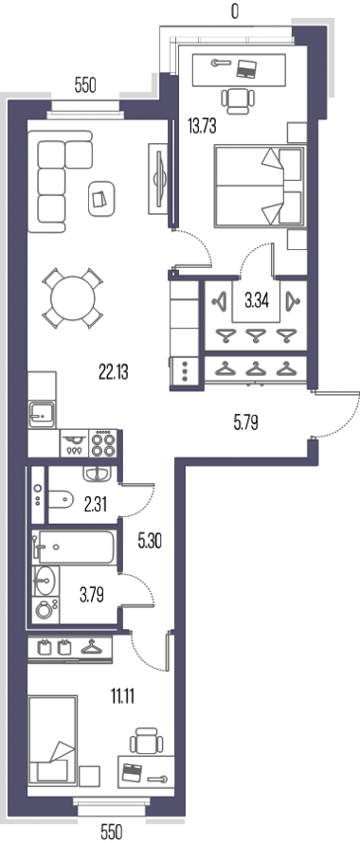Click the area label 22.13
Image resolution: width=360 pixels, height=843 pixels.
click(113, 371)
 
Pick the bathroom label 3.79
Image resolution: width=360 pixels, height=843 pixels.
click(91, 595)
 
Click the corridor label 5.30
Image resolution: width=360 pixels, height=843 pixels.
click(150, 542)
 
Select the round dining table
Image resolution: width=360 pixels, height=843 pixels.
click(73, 297)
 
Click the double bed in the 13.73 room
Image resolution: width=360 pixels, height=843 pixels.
click(260, 186)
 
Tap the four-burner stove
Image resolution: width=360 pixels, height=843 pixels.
click(102, 443)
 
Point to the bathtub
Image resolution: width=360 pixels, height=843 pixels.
click(73, 547)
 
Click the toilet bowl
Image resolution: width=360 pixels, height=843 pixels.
click(61, 500)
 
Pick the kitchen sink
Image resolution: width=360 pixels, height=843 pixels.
click(42, 414)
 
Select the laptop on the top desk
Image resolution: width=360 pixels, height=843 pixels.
click(247, 67)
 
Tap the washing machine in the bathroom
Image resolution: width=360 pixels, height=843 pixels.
click(45, 610)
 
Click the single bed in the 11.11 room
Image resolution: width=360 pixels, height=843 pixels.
click(53, 741)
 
